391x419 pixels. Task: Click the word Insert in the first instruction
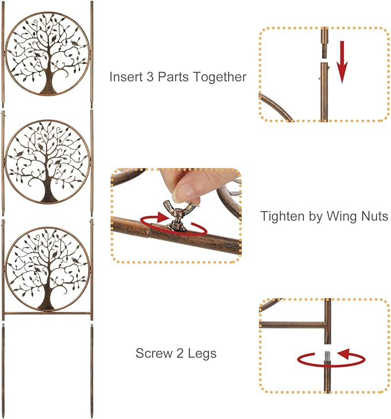click(125, 77)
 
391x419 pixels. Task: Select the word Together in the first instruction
click(219, 77)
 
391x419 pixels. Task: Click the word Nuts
click(372, 216)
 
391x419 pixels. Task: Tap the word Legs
click(202, 353)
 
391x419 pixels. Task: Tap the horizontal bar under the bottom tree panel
click(48, 314)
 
